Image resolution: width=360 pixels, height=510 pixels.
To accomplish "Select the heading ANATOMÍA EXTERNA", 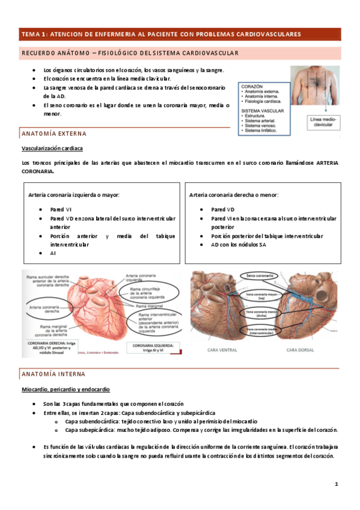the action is click(x=54, y=133).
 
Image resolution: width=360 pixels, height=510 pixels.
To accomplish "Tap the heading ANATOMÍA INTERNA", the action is click(x=54, y=374).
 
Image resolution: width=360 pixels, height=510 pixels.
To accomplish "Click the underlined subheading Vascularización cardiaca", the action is click(x=52, y=148).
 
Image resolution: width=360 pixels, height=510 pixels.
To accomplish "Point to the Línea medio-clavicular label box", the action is click(x=325, y=123).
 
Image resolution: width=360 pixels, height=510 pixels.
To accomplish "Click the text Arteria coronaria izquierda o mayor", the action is click(x=74, y=195).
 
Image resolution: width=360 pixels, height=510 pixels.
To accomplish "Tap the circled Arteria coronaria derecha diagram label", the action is click(x=42, y=309).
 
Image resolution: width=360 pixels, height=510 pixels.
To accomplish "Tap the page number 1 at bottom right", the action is click(x=337, y=485).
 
